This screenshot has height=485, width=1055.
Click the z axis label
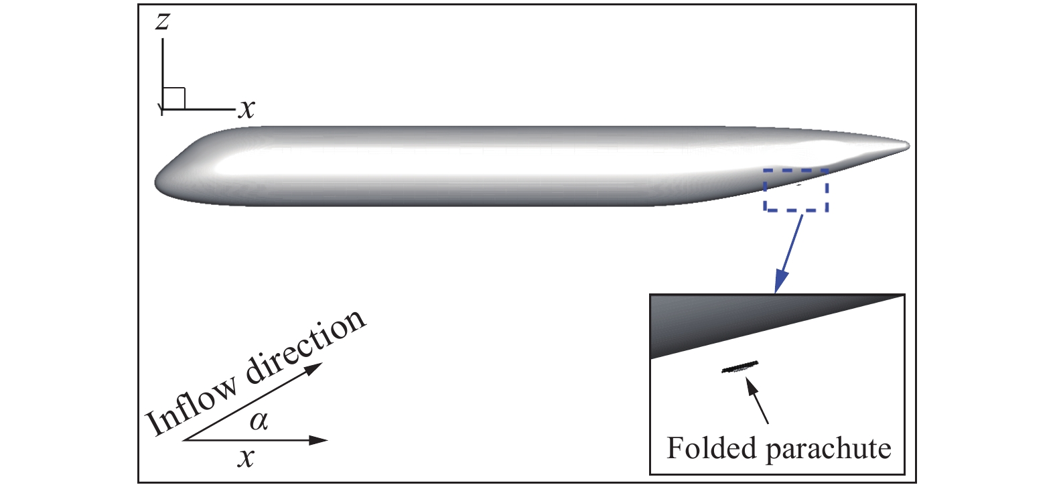click(162, 22)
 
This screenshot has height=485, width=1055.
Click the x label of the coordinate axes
click(247, 109)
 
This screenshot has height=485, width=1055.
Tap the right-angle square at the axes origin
click(174, 98)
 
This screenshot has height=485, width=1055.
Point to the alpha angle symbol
click(259, 421)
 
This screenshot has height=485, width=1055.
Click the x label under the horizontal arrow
click(247, 458)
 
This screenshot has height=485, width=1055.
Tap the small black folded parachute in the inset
click(740, 366)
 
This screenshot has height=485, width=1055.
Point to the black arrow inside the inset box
click(758, 401)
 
